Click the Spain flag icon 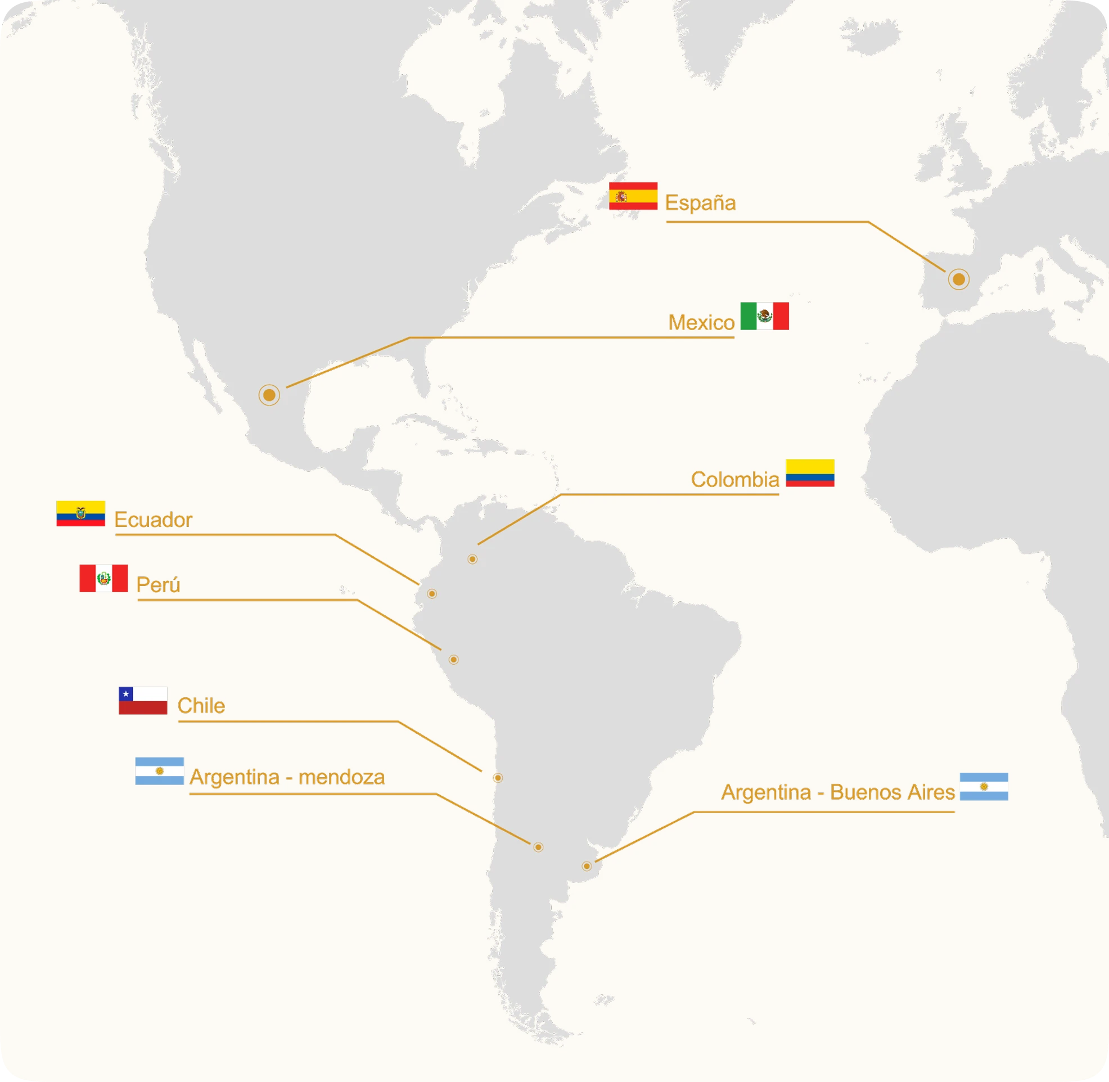(x=633, y=196)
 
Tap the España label (x=700, y=203)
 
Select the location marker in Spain (x=958, y=279)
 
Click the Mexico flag (x=764, y=316)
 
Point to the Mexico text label (x=701, y=323)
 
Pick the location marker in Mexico (x=269, y=395)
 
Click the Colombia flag (x=810, y=473)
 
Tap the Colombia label (x=734, y=480)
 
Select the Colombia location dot (x=472, y=559)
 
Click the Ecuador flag (x=80, y=513)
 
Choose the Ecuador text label (x=153, y=520)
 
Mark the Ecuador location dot (x=432, y=594)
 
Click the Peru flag (x=103, y=579)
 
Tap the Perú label (x=158, y=585)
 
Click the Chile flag (x=143, y=701)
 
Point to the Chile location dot (x=498, y=778)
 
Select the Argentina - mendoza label (x=287, y=777)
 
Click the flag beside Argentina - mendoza (x=159, y=771)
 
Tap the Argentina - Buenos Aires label (x=837, y=792)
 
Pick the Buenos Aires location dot (x=587, y=866)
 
